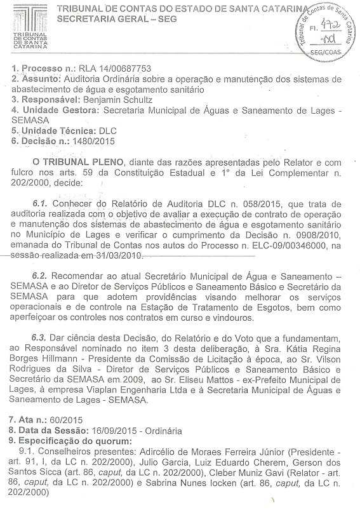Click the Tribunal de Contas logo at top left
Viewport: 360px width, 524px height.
tap(29, 29)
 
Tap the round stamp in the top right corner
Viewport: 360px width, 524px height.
tap(321, 30)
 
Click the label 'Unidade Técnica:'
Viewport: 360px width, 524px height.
tap(49, 130)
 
